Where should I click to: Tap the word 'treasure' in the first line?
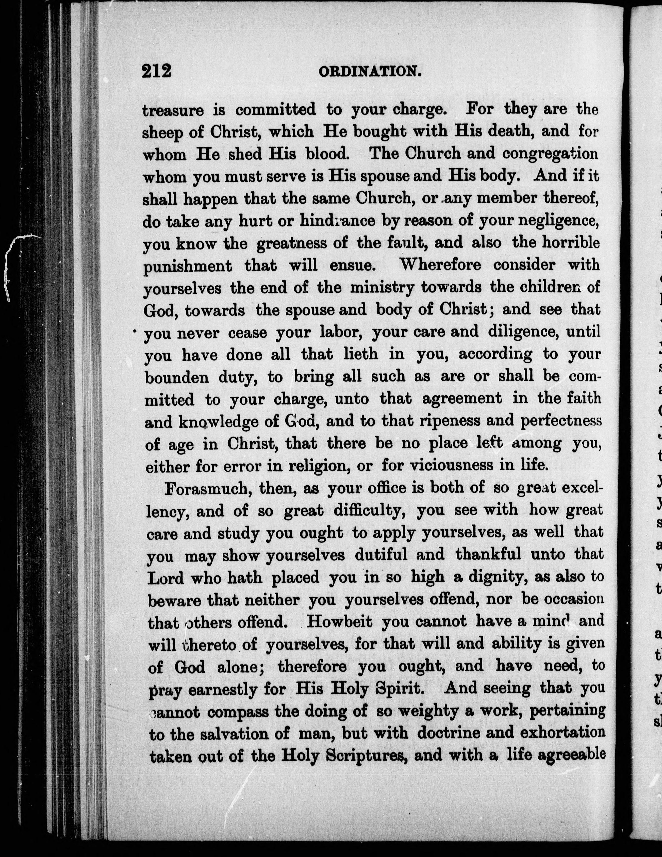coord(173,110)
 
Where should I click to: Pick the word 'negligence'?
coord(558,221)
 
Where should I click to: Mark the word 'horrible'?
coord(571,243)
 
